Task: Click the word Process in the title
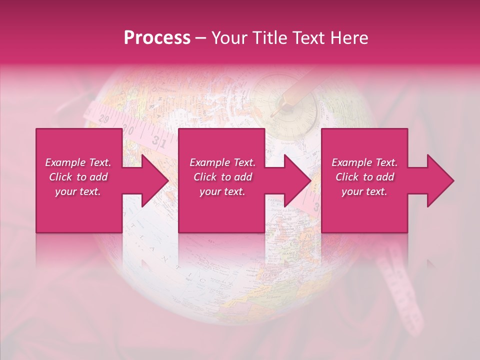(x=157, y=38)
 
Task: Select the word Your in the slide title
(x=227, y=38)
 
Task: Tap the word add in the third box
(x=383, y=177)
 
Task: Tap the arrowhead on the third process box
(x=440, y=180)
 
